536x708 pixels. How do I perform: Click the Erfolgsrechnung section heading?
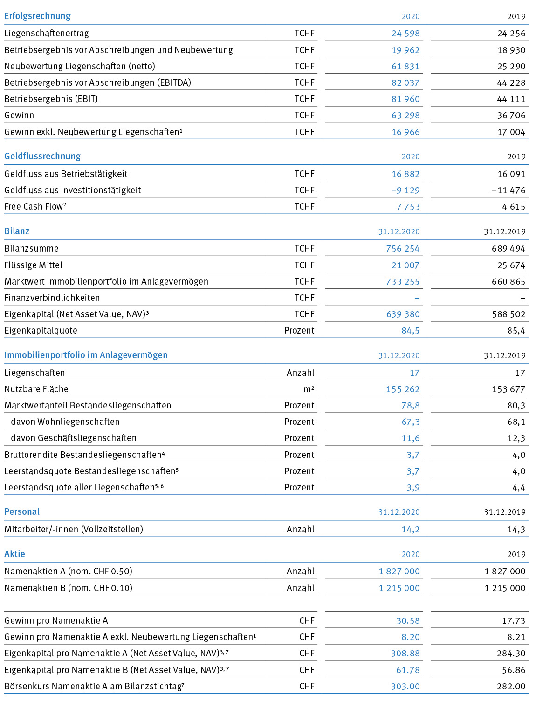(37, 16)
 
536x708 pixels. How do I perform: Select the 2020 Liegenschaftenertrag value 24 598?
(405, 33)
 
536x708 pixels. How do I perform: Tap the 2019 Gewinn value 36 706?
(511, 115)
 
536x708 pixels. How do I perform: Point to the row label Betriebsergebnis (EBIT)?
(51, 99)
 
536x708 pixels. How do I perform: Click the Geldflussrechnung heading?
(42, 156)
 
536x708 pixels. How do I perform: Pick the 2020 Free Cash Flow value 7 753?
(408, 206)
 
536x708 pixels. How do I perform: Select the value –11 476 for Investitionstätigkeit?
(508, 191)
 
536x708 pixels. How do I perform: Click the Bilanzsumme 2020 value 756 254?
(403, 249)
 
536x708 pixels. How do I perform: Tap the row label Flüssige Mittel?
(33, 265)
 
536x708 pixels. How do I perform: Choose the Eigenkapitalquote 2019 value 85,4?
(516, 331)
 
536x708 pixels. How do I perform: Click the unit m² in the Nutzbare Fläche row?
(309, 389)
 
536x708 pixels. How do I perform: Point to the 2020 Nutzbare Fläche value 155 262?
(403, 389)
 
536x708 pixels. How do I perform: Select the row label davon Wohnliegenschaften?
(65, 422)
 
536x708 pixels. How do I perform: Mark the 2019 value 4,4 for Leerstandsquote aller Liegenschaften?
(519, 487)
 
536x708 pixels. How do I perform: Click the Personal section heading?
(21, 511)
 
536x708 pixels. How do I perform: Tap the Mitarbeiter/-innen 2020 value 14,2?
(411, 529)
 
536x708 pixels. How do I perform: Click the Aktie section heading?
(14, 554)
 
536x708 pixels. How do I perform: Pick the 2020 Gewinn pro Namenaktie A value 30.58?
(408, 621)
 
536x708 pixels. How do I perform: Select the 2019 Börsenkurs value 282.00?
(511, 687)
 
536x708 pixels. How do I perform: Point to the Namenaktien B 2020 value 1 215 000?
(399, 588)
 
